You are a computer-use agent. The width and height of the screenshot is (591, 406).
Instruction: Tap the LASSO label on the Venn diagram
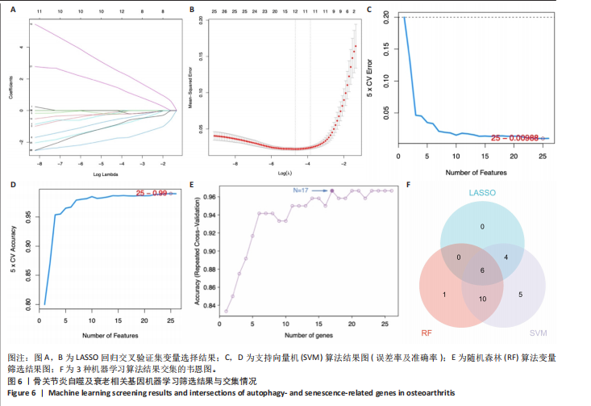tap(483, 194)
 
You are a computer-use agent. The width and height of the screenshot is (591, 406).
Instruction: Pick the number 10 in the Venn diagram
tap(483, 299)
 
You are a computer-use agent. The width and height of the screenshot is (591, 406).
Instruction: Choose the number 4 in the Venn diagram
tap(506, 257)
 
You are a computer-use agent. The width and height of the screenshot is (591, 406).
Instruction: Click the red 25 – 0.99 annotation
tap(152, 194)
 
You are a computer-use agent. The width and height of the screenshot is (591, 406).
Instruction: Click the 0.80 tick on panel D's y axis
tap(27, 303)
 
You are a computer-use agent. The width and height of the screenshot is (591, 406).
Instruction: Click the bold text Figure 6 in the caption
tap(23, 392)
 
